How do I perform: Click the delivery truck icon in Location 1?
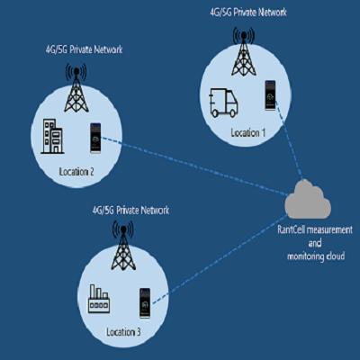[x=223, y=103]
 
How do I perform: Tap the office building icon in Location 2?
[x=52, y=137]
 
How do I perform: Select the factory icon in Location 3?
[x=99, y=299]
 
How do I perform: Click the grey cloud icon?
[x=307, y=200]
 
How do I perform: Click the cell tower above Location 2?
[x=76, y=88]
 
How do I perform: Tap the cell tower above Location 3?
[x=123, y=246]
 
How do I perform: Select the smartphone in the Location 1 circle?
[x=270, y=95]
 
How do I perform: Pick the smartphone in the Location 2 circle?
[x=95, y=139]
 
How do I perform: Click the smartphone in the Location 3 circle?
[x=145, y=302]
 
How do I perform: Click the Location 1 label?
[x=248, y=132]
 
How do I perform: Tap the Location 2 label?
[x=76, y=172]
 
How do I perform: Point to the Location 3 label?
[x=123, y=332]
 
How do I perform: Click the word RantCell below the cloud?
[x=291, y=230]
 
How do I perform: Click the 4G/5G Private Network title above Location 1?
[x=248, y=13]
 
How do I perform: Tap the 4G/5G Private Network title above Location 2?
[x=84, y=49]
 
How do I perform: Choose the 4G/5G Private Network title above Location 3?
[x=130, y=210]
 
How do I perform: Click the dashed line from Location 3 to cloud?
[x=220, y=260]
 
